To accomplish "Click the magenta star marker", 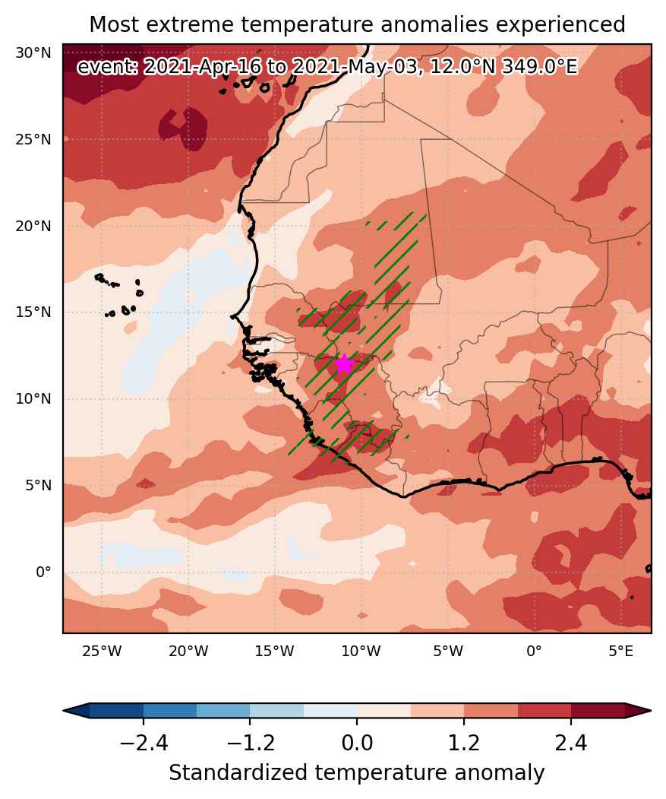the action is click(x=345, y=364).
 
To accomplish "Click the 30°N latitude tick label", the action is click(x=33, y=52).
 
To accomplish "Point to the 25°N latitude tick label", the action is click(x=33, y=139).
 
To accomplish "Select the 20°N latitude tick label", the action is click(x=33, y=226).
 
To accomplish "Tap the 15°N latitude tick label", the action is click(x=33, y=312).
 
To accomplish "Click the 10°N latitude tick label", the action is click(x=33, y=398).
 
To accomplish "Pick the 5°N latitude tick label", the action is click(x=38, y=485).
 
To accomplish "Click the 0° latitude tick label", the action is click(x=43, y=572).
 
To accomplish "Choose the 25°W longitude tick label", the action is click(x=102, y=651).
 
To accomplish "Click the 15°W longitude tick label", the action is click(x=274, y=651).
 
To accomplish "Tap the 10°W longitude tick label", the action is click(x=361, y=651).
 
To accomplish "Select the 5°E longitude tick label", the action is click(x=620, y=651).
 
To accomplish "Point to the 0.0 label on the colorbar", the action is click(x=357, y=744).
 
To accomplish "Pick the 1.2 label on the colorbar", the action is click(x=464, y=744).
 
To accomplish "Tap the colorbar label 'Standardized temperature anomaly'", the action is click(x=356, y=773).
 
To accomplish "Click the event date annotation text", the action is click(x=327, y=67).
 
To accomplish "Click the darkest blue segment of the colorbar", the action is click(x=117, y=710).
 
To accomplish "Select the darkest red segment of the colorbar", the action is click(x=598, y=710).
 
